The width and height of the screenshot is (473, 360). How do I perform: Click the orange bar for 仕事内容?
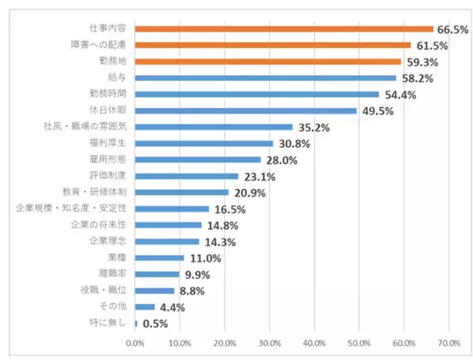pyautogui.click(x=284, y=28)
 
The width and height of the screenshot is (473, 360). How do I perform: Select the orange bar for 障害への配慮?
pyautogui.click(x=273, y=45)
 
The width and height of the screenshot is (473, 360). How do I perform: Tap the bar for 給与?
pyautogui.click(x=265, y=78)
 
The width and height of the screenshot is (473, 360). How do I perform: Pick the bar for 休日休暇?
pyautogui.click(x=246, y=110)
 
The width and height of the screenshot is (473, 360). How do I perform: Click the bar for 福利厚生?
pyautogui.click(x=204, y=143)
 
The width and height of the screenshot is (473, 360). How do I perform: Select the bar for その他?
pyautogui.click(x=145, y=306)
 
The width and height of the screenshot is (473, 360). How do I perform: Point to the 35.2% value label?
pyautogui.click(x=312, y=128)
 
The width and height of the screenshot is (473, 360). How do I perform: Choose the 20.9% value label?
pyautogui.click(x=248, y=193)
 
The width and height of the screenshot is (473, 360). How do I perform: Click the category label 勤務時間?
pyautogui.click(x=108, y=94)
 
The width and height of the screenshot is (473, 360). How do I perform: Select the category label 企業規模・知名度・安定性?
pyautogui.click(x=71, y=208)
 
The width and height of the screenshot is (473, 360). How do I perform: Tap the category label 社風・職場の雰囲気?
pyautogui.click(x=84, y=127)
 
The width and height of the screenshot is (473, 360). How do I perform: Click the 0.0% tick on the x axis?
pyautogui.click(x=135, y=343)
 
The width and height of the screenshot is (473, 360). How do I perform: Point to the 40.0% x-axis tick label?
pyautogui.click(x=315, y=343)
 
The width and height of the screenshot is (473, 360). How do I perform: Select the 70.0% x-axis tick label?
pyautogui.click(x=449, y=343)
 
